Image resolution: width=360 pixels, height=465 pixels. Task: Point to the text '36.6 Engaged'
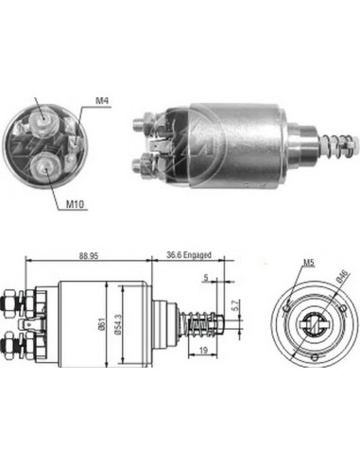tap(188, 253)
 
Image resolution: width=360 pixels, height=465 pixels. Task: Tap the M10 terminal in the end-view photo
tap(45, 168)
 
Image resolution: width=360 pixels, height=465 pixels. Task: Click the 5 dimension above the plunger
tap(205, 278)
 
